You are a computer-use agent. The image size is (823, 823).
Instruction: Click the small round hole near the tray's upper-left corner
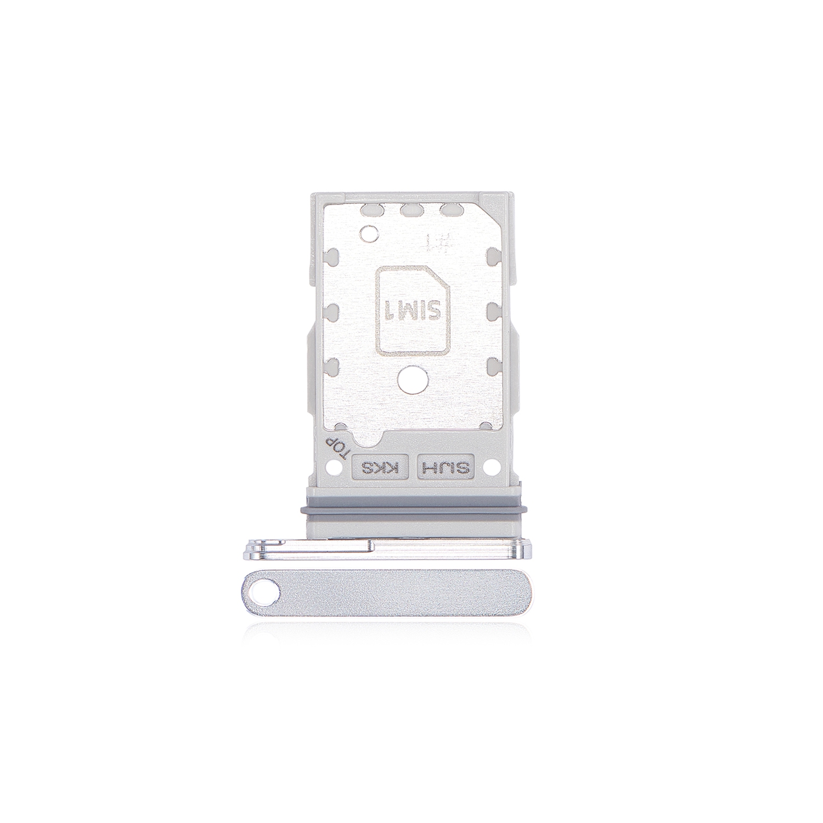tap(368, 234)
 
